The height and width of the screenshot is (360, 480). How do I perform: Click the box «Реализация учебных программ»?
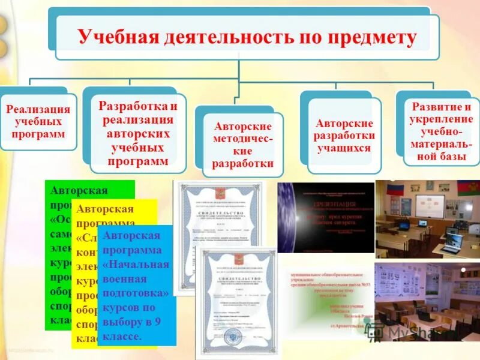[38, 121]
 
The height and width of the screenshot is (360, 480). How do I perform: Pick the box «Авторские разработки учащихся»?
[344, 135]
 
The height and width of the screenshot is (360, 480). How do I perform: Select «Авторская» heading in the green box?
[79, 191]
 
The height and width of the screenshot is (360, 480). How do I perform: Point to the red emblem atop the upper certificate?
[227, 190]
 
